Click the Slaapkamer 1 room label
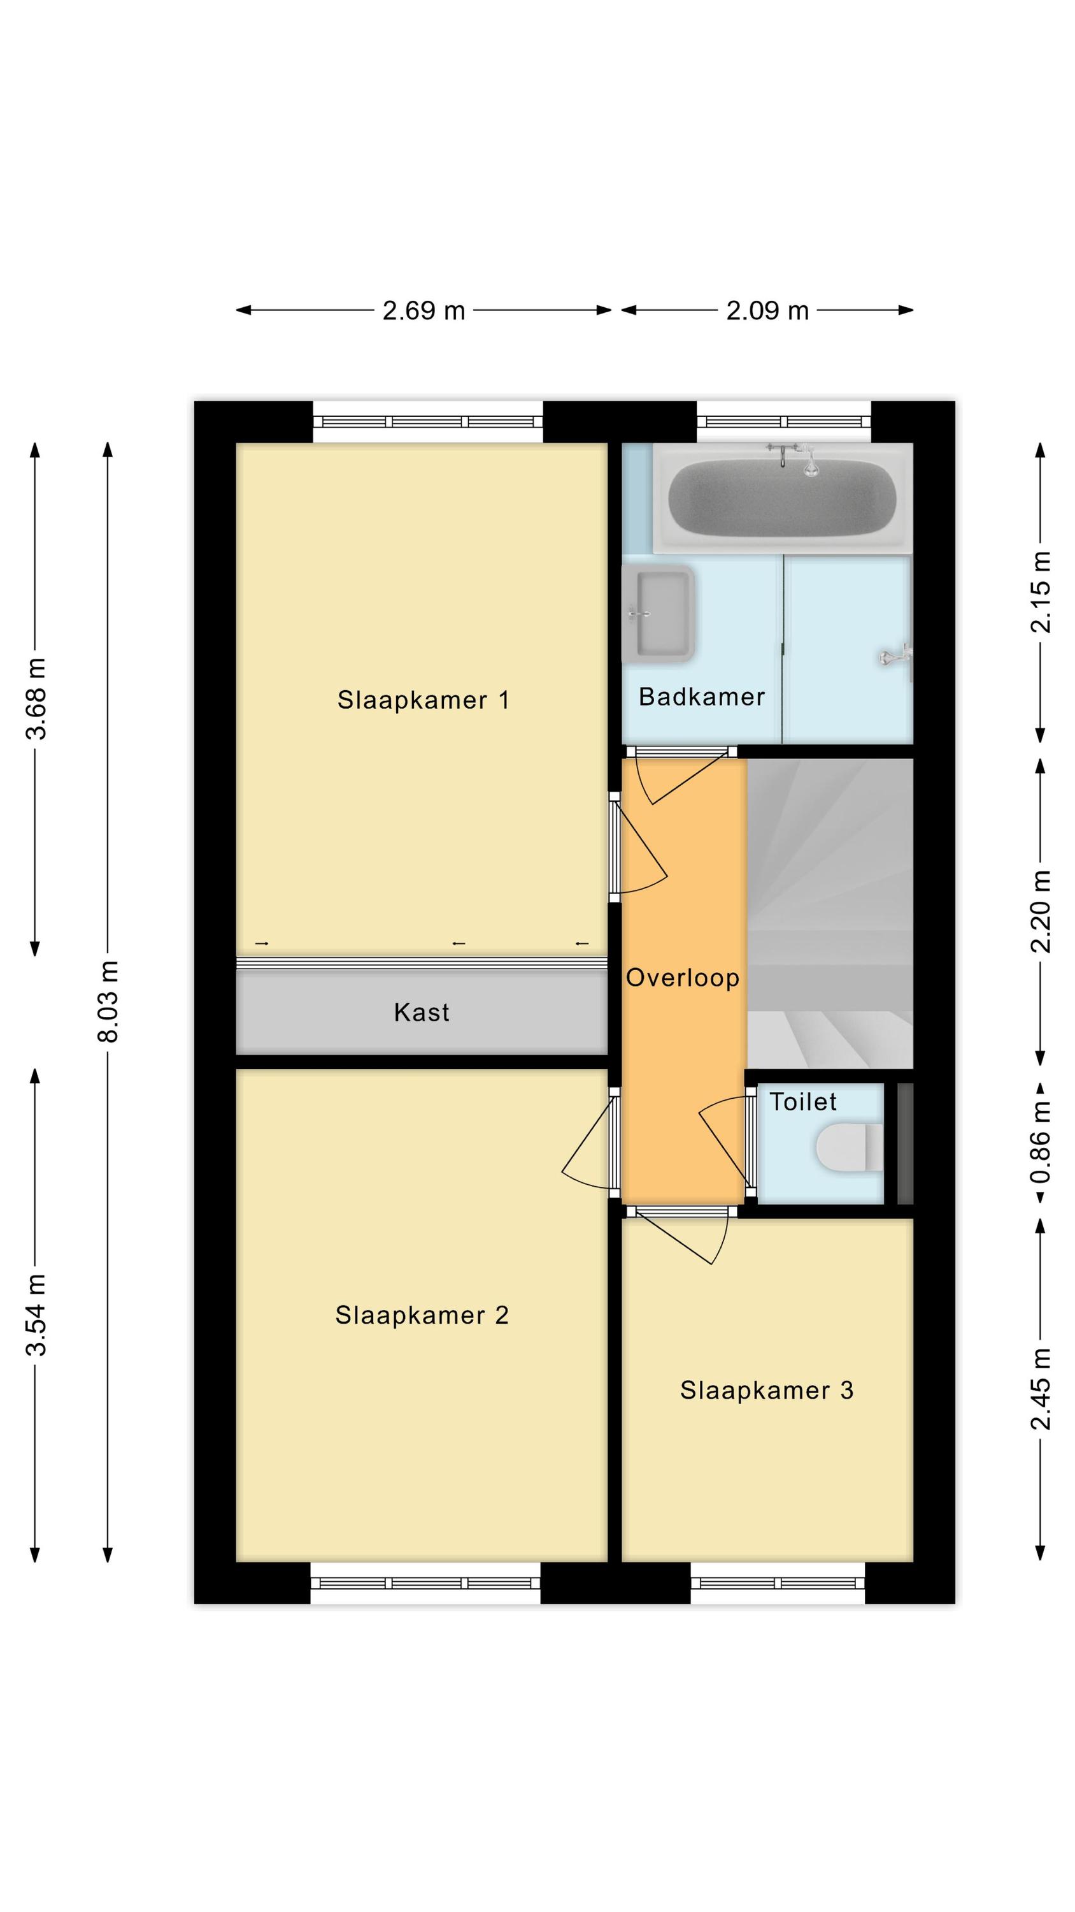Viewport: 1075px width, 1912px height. (x=423, y=700)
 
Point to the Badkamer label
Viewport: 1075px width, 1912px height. (x=701, y=696)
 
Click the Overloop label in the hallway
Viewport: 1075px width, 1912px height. (x=683, y=978)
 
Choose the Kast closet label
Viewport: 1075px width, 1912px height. (x=422, y=1013)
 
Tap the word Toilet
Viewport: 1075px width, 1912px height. (x=802, y=1101)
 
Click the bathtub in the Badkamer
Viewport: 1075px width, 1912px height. (x=782, y=497)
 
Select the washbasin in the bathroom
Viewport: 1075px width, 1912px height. (x=658, y=614)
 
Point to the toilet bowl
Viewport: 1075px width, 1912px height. (x=850, y=1147)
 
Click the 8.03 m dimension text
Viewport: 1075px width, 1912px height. (x=108, y=1001)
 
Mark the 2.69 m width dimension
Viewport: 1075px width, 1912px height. (x=424, y=310)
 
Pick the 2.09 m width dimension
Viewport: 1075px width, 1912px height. (x=767, y=310)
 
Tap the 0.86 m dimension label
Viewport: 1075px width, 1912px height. (x=1040, y=1142)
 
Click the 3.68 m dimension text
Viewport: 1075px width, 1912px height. (x=36, y=699)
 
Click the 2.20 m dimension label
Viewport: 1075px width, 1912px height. (x=1040, y=911)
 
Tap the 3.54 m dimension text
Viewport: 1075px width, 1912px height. (x=36, y=1314)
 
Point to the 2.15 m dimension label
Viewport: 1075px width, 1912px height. (x=1040, y=591)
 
